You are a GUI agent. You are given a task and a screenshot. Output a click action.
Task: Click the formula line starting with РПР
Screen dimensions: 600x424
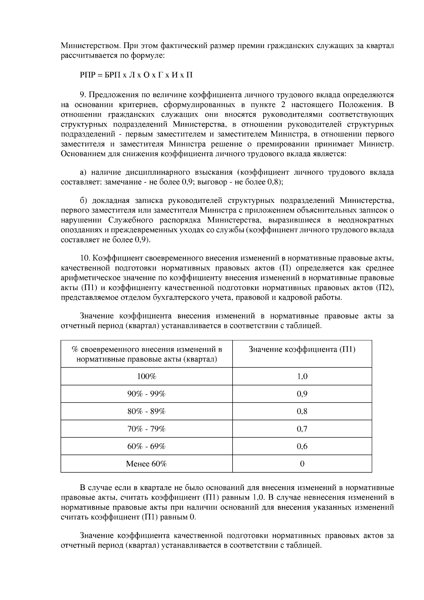coord(136,75)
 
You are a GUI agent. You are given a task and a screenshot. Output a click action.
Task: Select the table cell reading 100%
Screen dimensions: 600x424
coord(146,376)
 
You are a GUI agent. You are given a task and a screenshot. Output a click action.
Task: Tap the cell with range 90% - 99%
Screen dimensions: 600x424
coord(146,394)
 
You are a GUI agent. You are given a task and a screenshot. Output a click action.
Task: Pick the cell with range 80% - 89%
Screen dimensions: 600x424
coord(146,411)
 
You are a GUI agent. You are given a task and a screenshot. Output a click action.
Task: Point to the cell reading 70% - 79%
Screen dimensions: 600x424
coord(146,429)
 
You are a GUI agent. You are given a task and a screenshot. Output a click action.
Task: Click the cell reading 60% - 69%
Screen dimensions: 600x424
coord(146,446)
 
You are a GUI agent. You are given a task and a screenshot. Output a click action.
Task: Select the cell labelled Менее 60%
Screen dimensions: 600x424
coord(146,464)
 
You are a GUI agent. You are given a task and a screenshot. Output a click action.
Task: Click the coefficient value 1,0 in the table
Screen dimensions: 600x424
coord(302,376)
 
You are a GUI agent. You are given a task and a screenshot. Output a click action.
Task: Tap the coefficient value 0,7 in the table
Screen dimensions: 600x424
coord(302,429)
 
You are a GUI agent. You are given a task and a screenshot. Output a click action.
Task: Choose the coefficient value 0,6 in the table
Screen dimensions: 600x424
coord(302,446)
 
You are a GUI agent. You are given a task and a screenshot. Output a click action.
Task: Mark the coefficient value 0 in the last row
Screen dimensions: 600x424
coord(302,464)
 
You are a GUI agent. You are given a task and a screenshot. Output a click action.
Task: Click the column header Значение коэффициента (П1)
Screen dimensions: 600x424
coord(302,350)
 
